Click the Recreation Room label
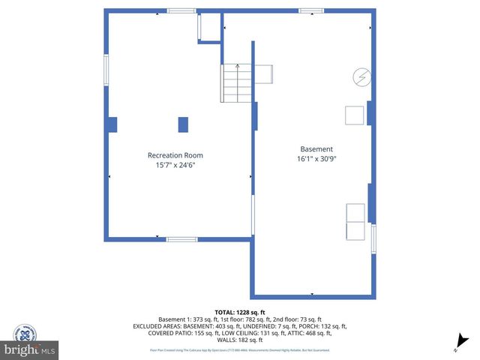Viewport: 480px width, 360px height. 175,155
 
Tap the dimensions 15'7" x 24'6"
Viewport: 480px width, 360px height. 175,165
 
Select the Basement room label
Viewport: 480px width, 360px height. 316,149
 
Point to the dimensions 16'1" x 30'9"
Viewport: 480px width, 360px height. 316,159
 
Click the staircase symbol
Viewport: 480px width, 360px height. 237,82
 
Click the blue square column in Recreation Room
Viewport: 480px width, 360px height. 183,124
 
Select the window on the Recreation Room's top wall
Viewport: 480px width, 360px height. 181,10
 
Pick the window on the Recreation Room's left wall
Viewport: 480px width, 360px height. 106,69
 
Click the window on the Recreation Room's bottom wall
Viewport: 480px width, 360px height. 181,238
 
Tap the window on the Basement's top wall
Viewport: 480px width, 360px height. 310,10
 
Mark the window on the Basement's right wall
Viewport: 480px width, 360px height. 373,238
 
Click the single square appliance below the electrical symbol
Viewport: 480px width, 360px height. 354,115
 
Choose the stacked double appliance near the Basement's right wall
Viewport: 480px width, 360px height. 354,222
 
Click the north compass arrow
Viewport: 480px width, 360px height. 463,341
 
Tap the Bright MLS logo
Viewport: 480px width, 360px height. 30,349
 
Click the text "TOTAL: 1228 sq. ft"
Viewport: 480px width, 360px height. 240,312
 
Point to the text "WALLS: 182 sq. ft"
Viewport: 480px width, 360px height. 240,340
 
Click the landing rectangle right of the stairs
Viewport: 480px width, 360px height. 263,75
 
